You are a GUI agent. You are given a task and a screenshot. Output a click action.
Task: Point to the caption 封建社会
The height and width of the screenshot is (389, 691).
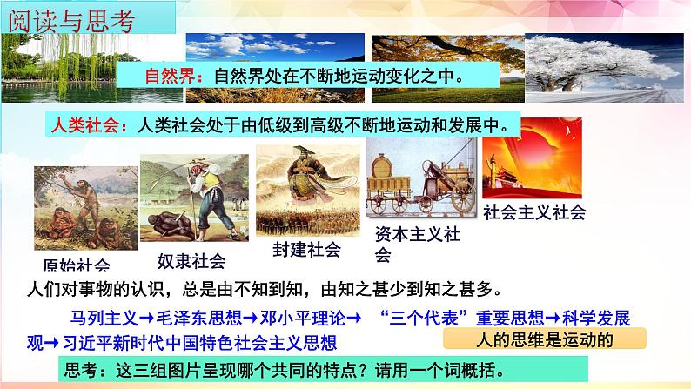[x=305, y=249]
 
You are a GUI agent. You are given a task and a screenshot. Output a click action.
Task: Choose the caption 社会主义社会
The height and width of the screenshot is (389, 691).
[x=533, y=211]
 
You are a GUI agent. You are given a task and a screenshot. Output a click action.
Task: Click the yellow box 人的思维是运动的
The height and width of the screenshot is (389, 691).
[x=545, y=339]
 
